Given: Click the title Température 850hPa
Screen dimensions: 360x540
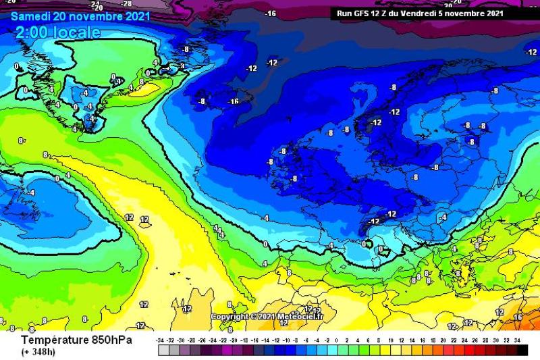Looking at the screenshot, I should (76, 340).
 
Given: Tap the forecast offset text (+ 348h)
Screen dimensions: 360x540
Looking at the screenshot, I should (39, 352).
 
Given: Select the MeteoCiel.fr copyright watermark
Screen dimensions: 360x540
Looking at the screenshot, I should (267, 317).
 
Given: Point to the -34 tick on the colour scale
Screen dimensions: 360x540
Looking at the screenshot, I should (161, 340).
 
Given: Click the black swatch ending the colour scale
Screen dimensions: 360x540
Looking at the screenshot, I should (522, 350).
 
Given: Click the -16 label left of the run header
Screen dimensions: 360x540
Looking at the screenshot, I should (271, 14).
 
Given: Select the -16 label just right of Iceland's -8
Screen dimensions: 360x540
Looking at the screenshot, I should (234, 101).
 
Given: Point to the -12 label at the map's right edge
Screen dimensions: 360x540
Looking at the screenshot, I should (531, 52).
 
